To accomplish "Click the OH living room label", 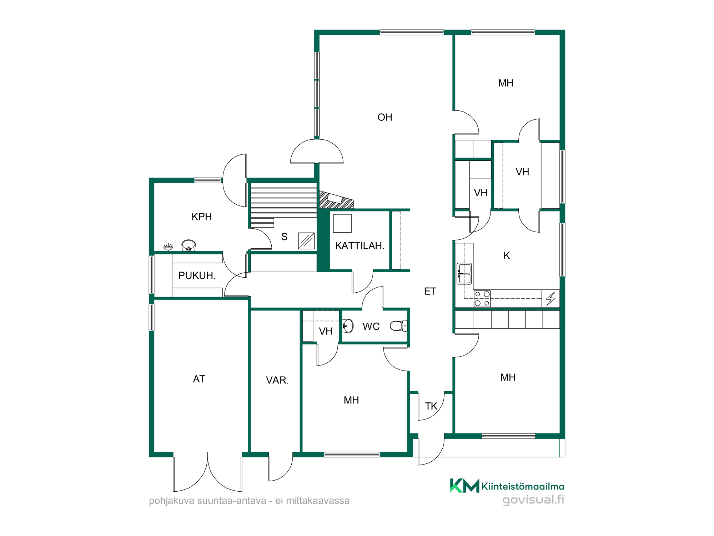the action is click(x=385, y=117).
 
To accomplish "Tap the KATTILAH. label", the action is click(x=360, y=246).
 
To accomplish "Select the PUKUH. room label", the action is click(x=197, y=276).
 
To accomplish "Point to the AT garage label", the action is click(x=199, y=379).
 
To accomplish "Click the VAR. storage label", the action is click(x=277, y=380).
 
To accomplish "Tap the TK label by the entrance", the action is click(x=431, y=406).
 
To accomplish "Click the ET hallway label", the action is click(x=430, y=292).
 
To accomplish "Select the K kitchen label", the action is click(x=507, y=255).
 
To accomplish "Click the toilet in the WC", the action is click(x=399, y=326).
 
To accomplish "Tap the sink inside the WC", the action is click(x=348, y=326).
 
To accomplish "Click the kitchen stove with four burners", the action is click(x=482, y=299).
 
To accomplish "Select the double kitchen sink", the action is click(x=464, y=274).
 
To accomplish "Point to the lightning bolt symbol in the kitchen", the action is click(x=551, y=298).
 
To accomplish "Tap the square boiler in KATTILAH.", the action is click(x=342, y=224).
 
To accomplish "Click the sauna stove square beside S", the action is click(x=306, y=241).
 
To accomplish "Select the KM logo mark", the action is click(x=464, y=486).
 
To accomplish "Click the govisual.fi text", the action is click(x=533, y=500).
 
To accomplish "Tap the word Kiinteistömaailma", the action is click(x=523, y=486).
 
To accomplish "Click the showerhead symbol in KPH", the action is click(x=168, y=247).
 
